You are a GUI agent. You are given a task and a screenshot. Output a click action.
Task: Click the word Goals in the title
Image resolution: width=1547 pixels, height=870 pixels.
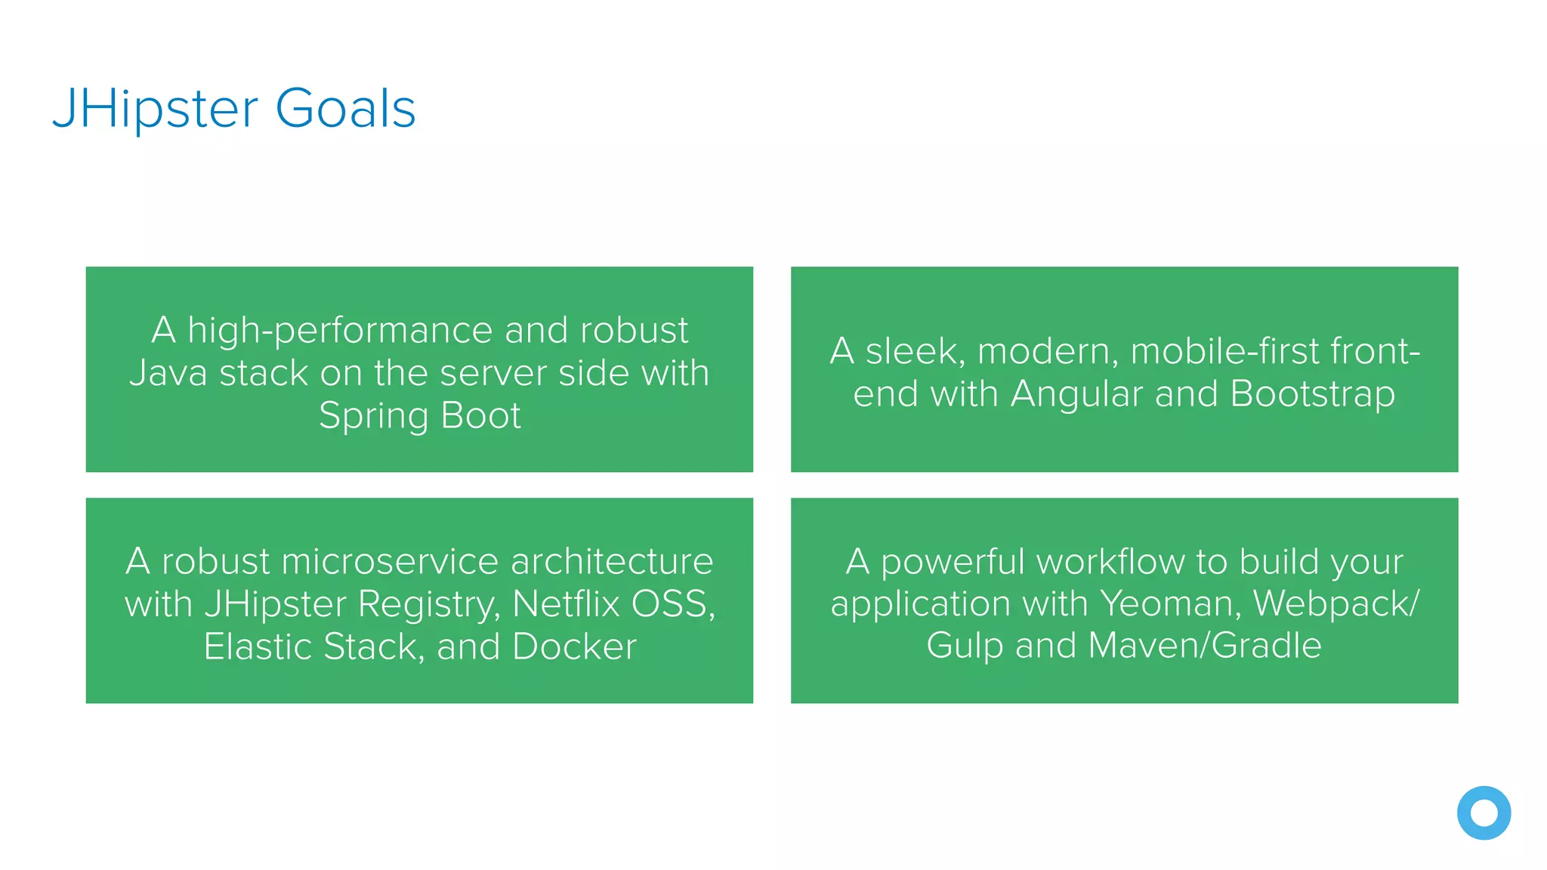(345, 108)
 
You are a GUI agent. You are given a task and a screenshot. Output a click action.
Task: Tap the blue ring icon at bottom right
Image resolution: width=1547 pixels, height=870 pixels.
(1484, 813)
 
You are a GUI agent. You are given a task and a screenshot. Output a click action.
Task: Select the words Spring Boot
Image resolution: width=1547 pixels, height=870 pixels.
(420, 415)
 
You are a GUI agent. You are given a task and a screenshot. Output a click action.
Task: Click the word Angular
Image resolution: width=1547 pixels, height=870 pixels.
(1076, 394)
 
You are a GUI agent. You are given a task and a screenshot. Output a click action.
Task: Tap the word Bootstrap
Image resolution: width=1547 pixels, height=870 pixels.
(1312, 394)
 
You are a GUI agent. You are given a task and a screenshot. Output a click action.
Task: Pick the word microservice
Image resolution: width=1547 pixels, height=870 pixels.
(390, 561)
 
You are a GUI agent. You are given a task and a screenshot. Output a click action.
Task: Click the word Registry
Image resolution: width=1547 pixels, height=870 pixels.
(428, 604)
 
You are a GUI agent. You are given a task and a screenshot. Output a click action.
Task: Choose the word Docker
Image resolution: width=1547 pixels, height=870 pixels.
(574, 647)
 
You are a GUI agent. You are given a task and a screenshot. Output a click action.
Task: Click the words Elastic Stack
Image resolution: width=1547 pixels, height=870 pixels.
(310, 647)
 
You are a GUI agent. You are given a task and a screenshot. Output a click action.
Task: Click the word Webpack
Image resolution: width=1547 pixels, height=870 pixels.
(1332, 603)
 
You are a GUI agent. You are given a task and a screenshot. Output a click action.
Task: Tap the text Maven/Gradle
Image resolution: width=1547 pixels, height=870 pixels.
(1205, 646)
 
